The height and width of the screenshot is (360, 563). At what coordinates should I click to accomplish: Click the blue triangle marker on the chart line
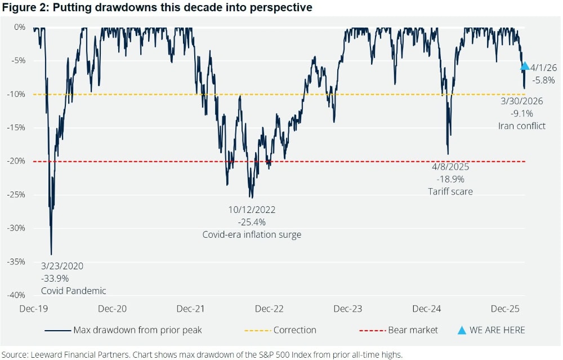point(524,66)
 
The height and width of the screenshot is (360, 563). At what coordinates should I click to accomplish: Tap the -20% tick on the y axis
point(16,161)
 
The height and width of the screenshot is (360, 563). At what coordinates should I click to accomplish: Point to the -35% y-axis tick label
point(16,262)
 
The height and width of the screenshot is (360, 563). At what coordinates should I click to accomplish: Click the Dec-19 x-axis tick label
point(33,309)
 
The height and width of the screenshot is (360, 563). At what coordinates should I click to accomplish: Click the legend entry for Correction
point(294,330)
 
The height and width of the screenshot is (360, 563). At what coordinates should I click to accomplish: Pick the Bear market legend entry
point(413,330)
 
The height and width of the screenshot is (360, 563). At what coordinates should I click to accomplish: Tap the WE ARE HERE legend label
point(497,330)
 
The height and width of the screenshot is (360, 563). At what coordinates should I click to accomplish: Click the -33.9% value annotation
point(55,278)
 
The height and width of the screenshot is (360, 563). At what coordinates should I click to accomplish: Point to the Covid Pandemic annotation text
point(73,291)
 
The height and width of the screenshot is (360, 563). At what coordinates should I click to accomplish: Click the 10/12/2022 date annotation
point(252,210)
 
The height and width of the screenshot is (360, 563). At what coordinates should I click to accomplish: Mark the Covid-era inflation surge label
point(252,234)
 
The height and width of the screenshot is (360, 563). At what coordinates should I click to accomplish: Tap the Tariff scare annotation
point(450,192)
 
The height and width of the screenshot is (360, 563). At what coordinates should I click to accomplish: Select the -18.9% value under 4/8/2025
point(450,179)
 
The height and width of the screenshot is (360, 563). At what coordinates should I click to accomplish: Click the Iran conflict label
point(521,126)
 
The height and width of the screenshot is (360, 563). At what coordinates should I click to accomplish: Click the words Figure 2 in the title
point(24,8)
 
